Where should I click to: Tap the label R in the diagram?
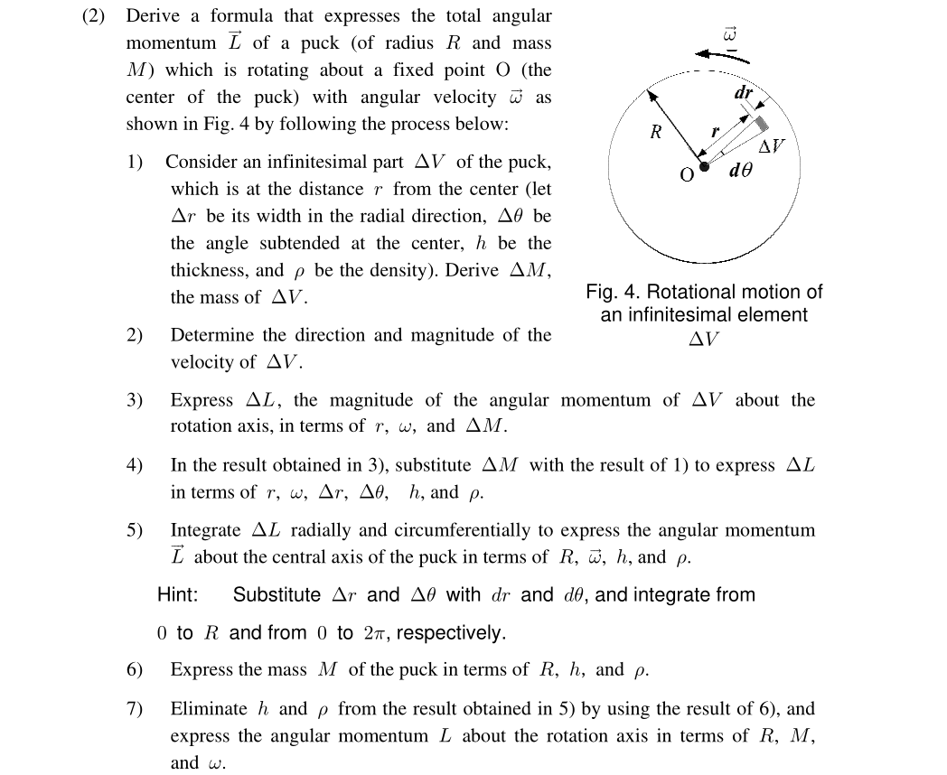pos(656,133)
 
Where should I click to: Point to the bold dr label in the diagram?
pos(744,93)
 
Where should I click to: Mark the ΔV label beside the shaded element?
pos(772,146)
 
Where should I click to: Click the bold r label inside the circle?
pos(715,132)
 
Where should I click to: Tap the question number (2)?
pos(95,16)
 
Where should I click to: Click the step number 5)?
pos(135,530)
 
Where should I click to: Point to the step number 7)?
pos(135,709)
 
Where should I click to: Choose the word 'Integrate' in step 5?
pos(205,530)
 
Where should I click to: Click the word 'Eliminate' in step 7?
pos(209,709)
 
